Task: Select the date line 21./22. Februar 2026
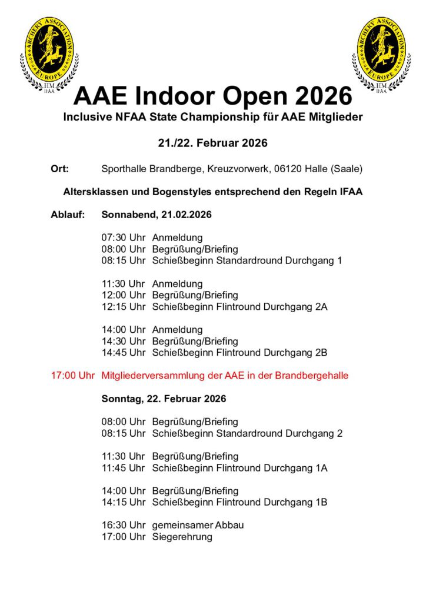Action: click(x=212, y=143)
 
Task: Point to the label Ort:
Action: click(x=60, y=169)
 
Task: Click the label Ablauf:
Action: click(x=68, y=215)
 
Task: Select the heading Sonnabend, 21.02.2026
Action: click(x=157, y=215)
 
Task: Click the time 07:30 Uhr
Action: click(x=123, y=238)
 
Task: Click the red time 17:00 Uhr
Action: click(x=73, y=375)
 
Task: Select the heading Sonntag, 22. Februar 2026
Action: click(x=164, y=399)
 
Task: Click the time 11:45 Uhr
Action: click(x=123, y=468)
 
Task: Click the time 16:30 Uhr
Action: click(x=123, y=525)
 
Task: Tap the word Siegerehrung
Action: click(x=182, y=537)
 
